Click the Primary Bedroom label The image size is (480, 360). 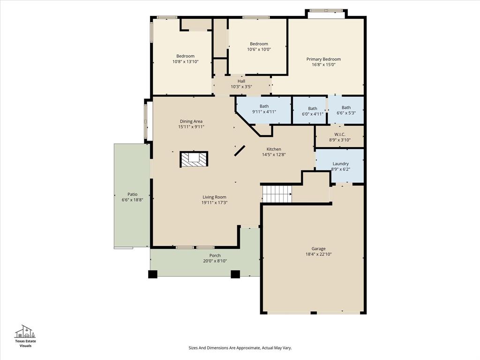click(323, 59)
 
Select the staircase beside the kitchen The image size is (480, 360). click(277, 194)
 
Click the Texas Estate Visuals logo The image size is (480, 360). click(25, 336)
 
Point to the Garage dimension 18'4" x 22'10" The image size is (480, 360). click(318, 254)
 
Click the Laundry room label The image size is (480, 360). click(340, 164)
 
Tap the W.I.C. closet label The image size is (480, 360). click(340, 135)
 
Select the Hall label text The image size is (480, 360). click(241, 81)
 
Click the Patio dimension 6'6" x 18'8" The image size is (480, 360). click(132, 200)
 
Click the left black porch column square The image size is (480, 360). click(153, 274)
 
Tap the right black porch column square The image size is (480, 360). click(235, 274)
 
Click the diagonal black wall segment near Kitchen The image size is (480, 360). click(240, 150)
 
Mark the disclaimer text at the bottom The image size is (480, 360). click(240, 348)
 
